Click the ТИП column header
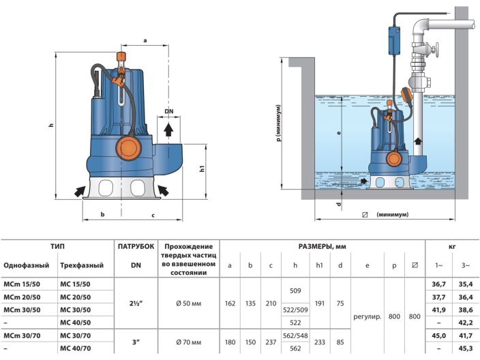click(x=57, y=247)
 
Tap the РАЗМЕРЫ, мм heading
click(x=323, y=247)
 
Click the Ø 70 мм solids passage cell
click(x=188, y=341)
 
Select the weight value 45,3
click(x=466, y=348)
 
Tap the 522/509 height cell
click(x=295, y=310)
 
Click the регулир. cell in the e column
click(x=367, y=316)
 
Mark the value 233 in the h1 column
click(x=320, y=341)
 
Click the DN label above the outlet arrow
click(x=169, y=111)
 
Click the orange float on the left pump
click(x=127, y=147)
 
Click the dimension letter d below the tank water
click(x=339, y=203)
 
